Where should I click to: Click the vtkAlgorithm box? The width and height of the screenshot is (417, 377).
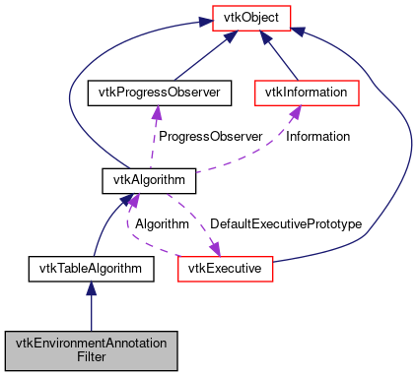150,180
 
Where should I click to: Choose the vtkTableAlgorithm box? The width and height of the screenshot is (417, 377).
91,267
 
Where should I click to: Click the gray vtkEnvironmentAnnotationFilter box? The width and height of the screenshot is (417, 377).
91,347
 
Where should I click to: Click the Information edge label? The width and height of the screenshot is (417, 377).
317,136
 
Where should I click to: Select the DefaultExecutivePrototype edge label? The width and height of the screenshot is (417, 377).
286,224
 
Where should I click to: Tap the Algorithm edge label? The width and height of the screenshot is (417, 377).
163,224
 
